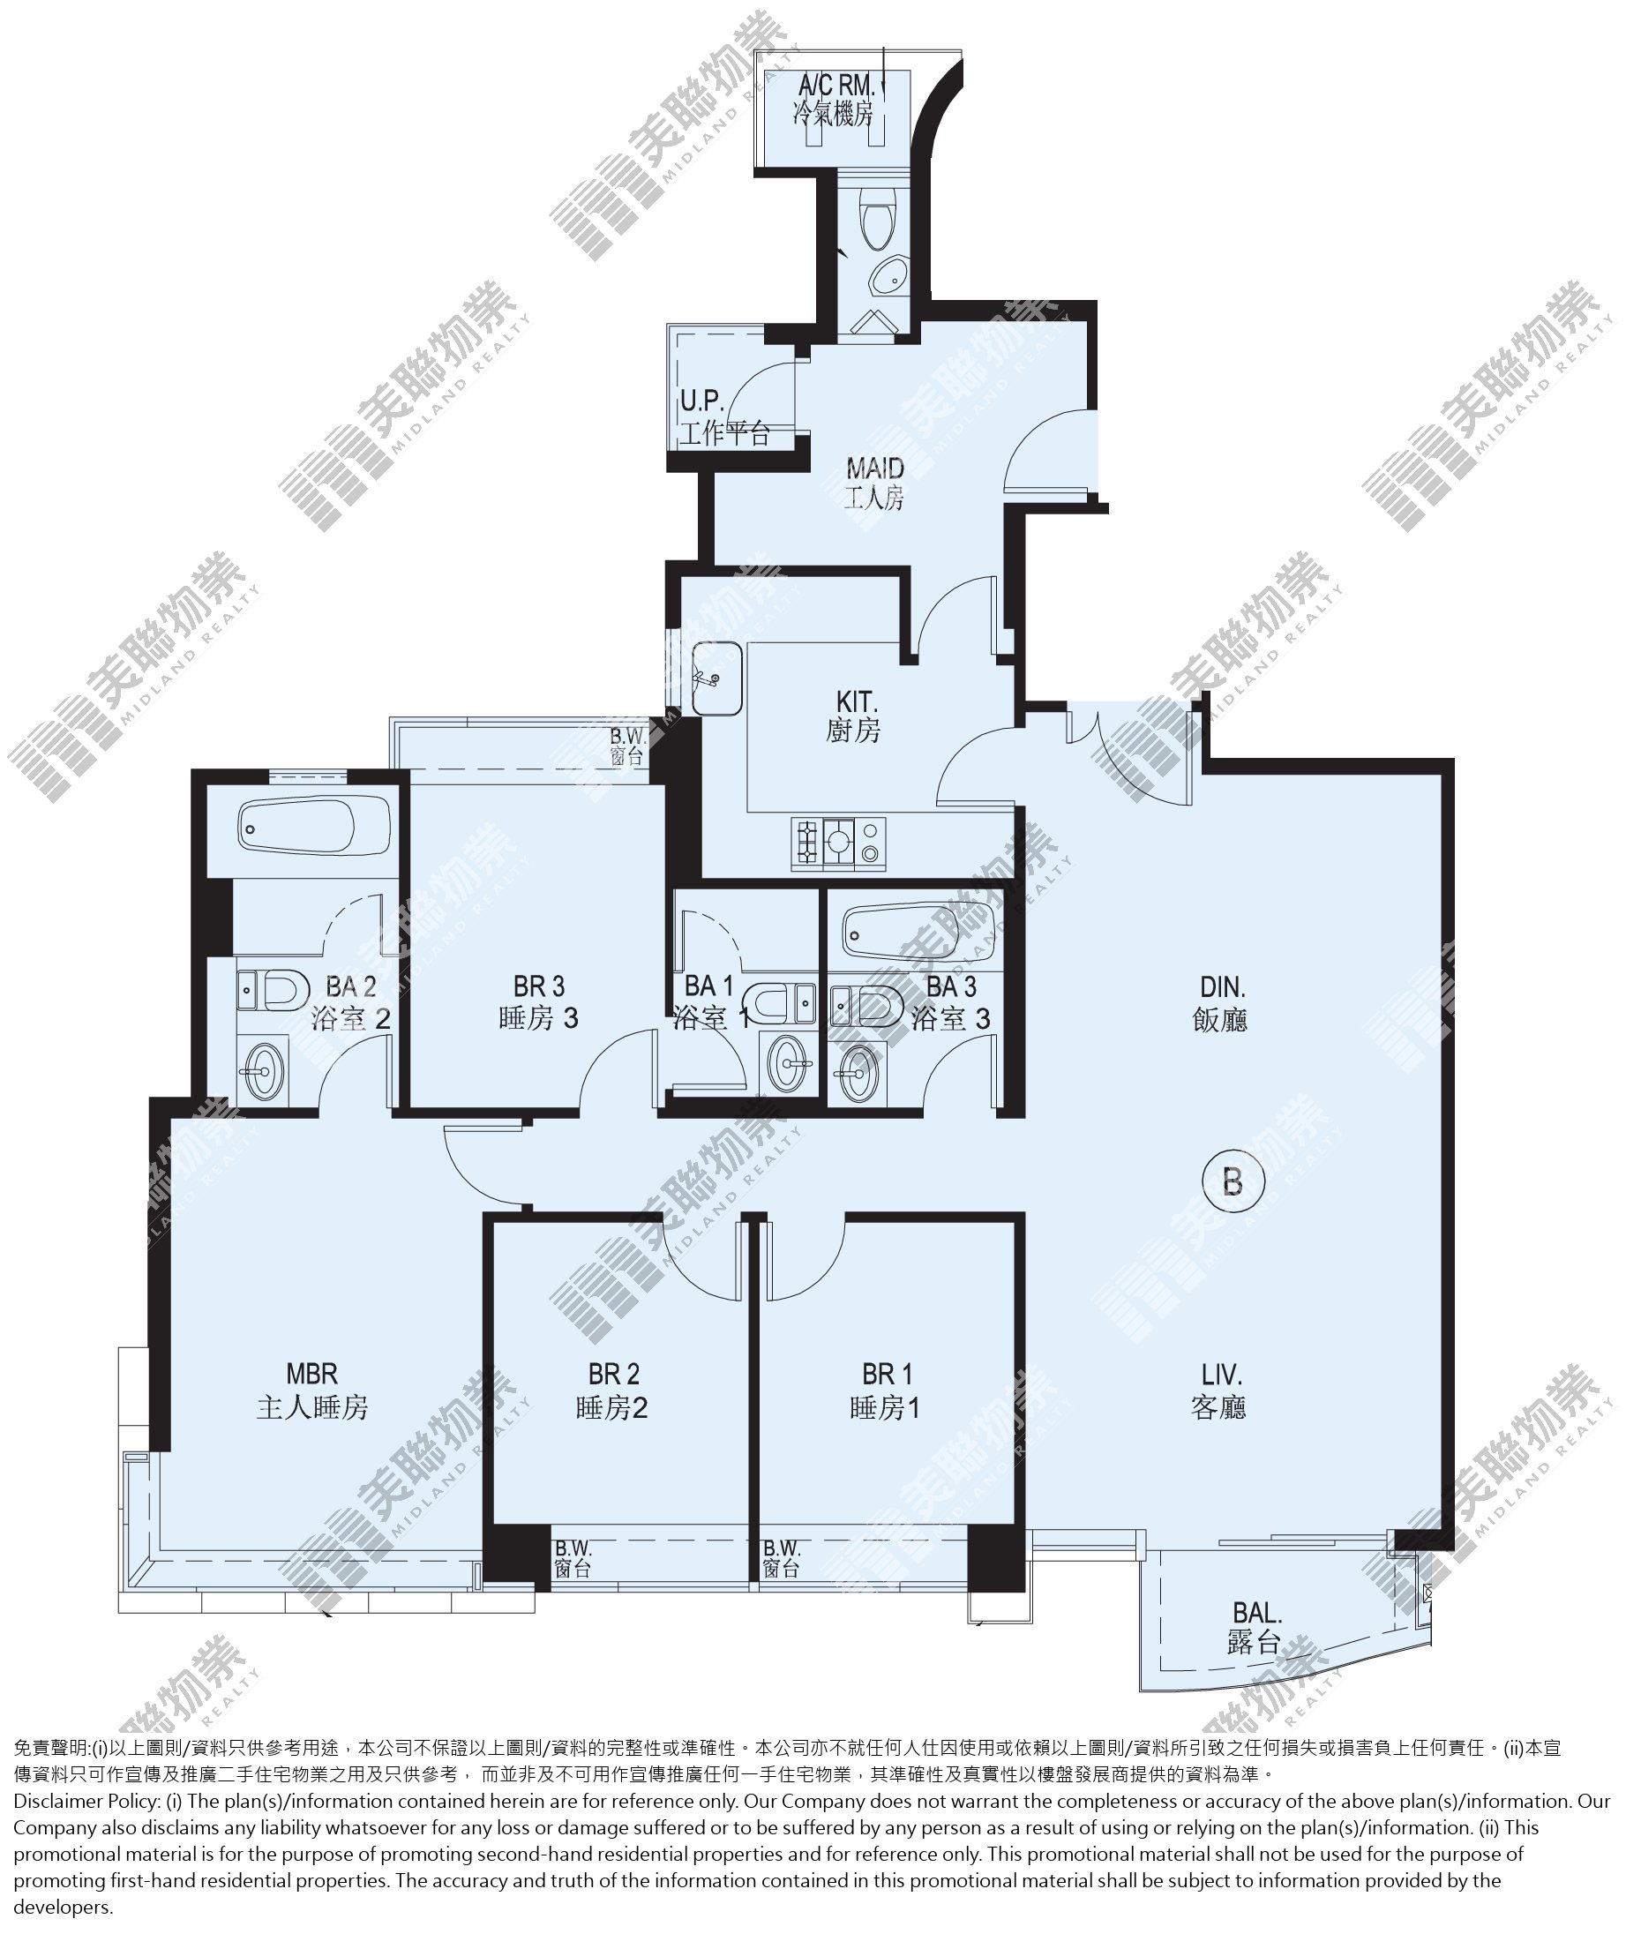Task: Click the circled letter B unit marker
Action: tap(1233, 1181)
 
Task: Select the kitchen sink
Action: tap(717, 678)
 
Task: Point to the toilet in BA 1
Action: tap(780, 1004)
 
